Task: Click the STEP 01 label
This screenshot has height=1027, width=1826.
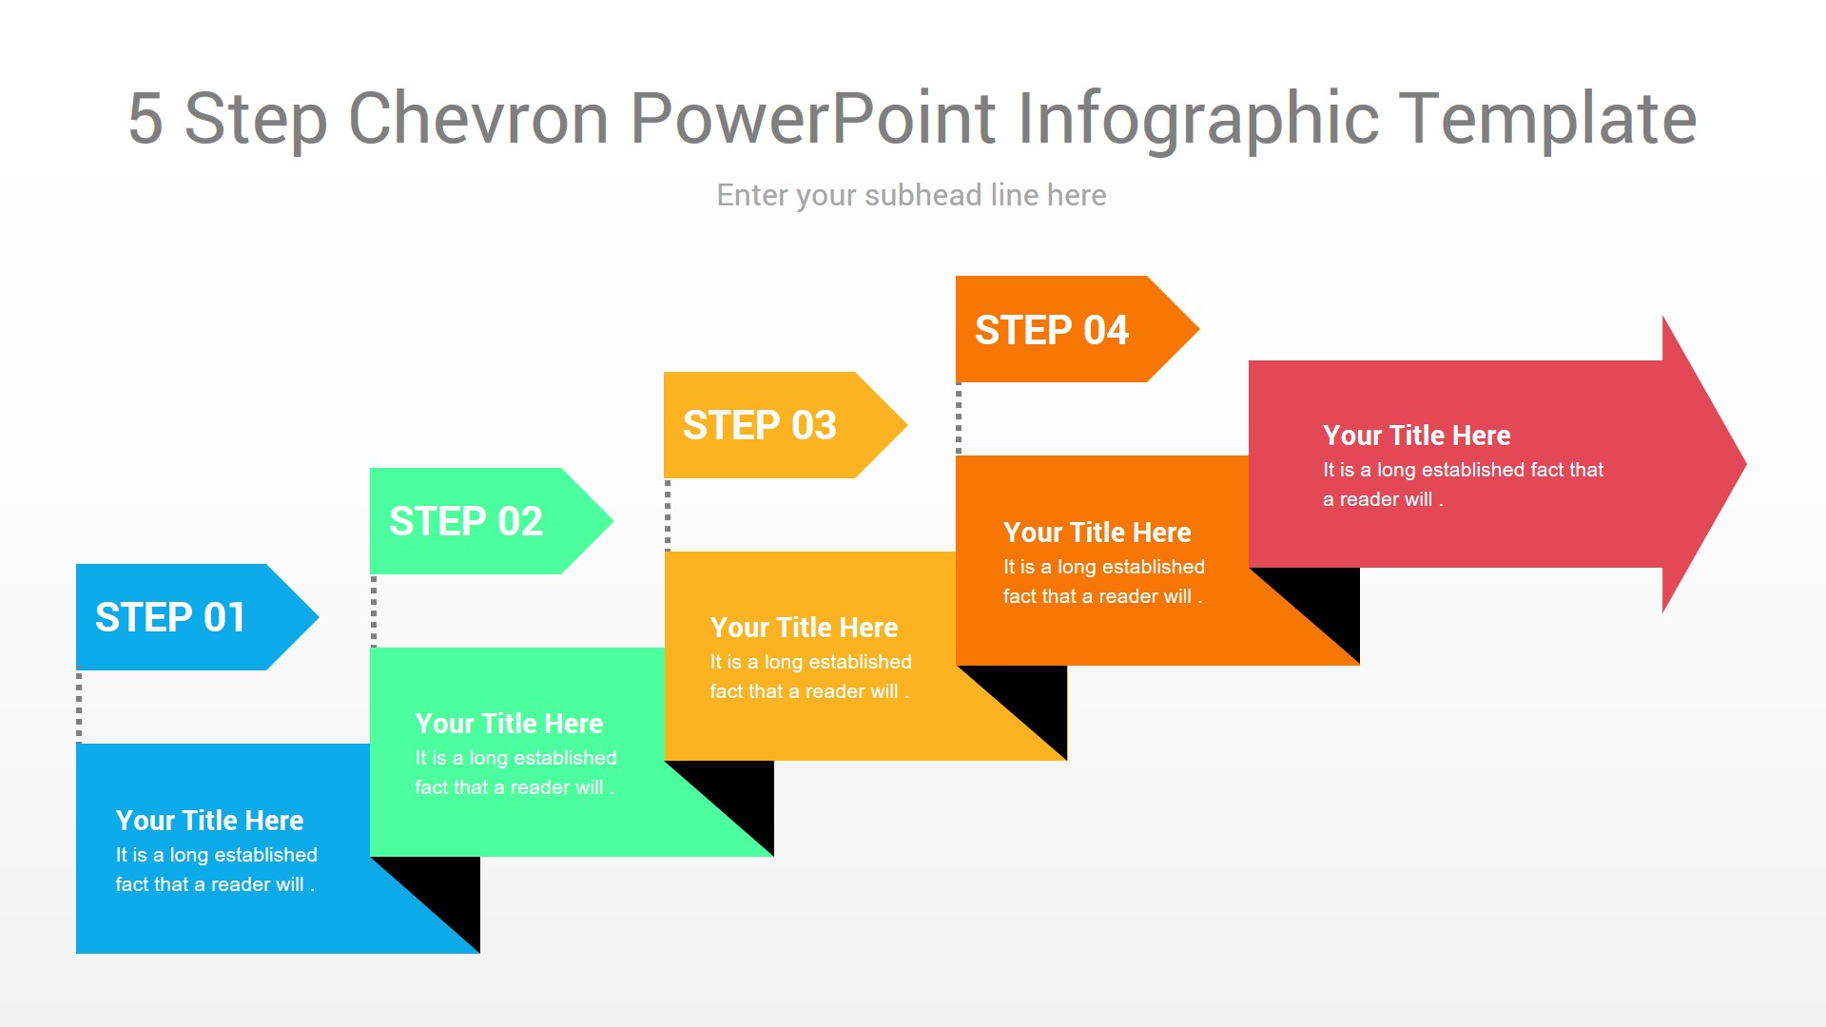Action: point(170,617)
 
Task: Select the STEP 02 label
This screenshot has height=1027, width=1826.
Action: point(466,521)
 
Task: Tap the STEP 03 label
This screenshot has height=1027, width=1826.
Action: point(760,425)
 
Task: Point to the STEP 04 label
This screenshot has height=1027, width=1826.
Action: point(1052,330)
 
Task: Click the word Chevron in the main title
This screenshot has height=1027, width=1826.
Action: point(478,119)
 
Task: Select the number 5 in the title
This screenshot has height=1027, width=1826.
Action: point(146,119)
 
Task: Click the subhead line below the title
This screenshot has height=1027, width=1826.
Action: point(911,195)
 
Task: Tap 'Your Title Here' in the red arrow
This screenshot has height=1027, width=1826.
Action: point(1416,436)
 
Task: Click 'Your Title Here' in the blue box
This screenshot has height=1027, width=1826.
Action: point(209,821)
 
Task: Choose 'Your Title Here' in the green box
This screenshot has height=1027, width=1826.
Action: point(509,724)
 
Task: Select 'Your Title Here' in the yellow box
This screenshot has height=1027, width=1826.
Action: point(804,628)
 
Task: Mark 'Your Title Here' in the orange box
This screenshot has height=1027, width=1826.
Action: point(1097,533)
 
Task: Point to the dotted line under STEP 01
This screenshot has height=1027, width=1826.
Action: point(79,707)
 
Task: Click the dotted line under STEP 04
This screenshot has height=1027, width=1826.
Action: point(959,418)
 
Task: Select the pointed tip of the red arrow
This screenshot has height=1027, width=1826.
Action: point(1745,464)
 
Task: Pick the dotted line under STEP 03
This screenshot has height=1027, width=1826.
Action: point(668,514)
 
